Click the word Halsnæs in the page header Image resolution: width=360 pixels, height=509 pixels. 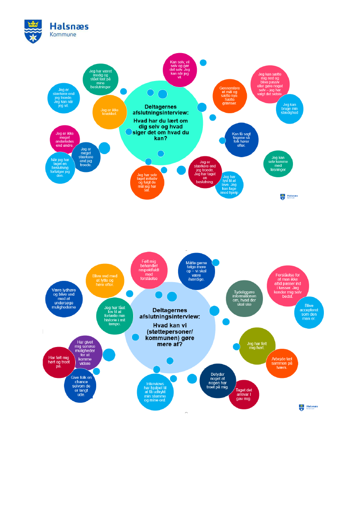69,27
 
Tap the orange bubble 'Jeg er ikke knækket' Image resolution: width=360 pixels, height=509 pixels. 107,111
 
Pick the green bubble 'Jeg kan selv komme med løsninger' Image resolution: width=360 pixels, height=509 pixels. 278,163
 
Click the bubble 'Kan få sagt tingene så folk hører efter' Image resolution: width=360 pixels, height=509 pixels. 241,140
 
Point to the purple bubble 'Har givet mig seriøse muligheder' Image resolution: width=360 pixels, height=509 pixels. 85,351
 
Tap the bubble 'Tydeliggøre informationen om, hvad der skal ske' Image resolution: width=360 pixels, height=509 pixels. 245,298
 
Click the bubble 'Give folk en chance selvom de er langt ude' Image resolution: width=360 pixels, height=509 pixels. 80,384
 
